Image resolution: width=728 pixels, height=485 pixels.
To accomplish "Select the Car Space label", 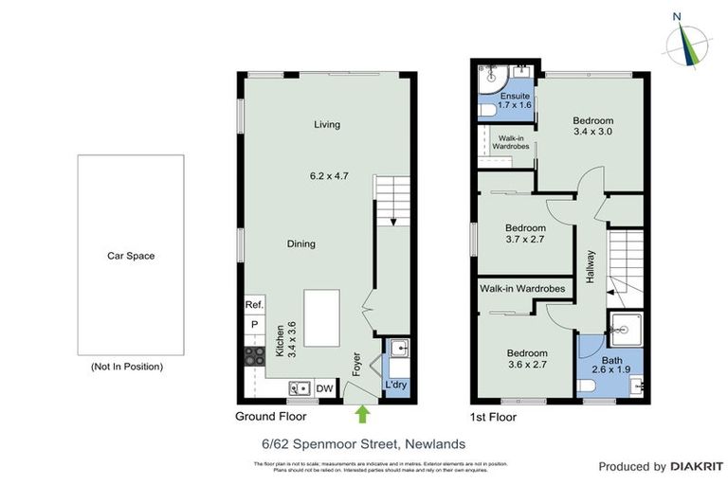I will pyautogui.click(x=130, y=256).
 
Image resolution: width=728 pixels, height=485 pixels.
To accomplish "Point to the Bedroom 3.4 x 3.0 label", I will pyautogui.click(x=593, y=126).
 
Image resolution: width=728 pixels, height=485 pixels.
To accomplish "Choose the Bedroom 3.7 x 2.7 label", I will pyautogui.click(x=525, y=234).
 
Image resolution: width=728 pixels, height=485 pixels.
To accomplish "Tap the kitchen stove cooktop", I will pyautogui.click(x=254, y=356).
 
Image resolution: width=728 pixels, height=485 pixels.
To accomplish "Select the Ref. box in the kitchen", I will pyautogui.click(x=254, y=305).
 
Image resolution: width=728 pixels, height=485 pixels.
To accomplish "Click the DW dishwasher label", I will pyautogui.click(x=323, y=387).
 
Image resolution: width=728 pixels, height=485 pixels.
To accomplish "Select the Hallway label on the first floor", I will pyautogui.click(x=591, y=268).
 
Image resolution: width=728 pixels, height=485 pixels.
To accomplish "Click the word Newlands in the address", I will pyautogui.click(x=434, y=443).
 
